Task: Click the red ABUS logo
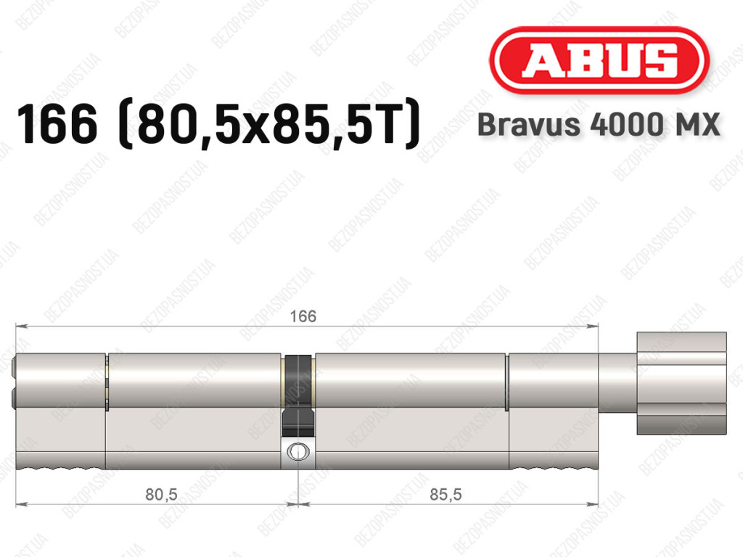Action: [599, 60]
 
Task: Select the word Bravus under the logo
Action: [529, 125]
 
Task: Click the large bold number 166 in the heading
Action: [57, 124]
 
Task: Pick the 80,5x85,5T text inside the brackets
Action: [269, 125]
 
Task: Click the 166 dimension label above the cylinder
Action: [303, 316]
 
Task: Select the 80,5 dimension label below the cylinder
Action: [161, 494]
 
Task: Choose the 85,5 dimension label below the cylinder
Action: [446, 494]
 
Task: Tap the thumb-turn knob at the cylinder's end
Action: [681, 383]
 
